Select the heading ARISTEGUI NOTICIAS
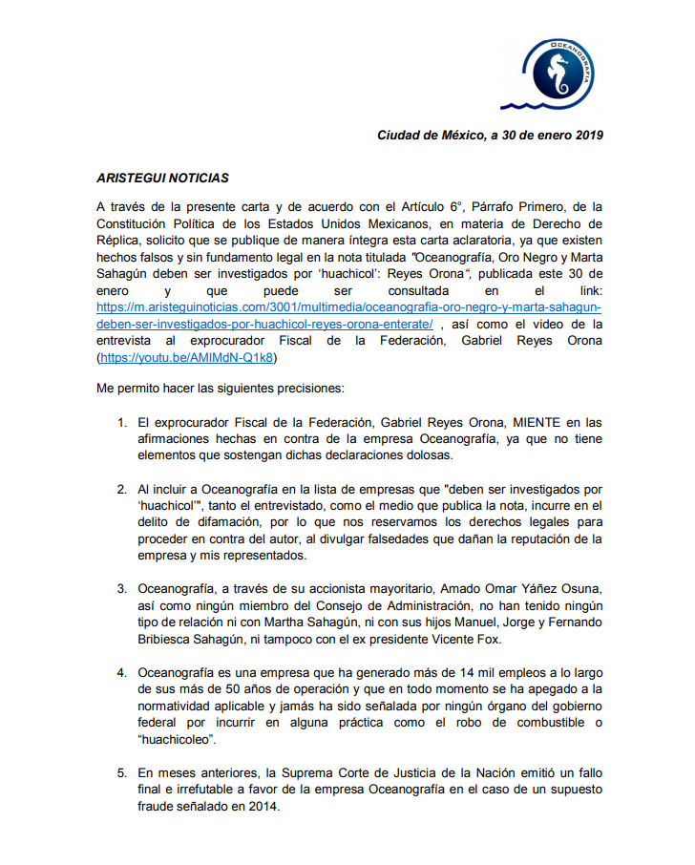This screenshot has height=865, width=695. click(x=162, y=178)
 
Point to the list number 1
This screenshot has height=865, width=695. click(x=121, y=422)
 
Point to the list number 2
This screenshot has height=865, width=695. click(x=121, y=489)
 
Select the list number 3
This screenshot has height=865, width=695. click(x=121, y=586)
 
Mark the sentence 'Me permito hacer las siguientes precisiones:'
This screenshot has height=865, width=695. click(x=223, y=390)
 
